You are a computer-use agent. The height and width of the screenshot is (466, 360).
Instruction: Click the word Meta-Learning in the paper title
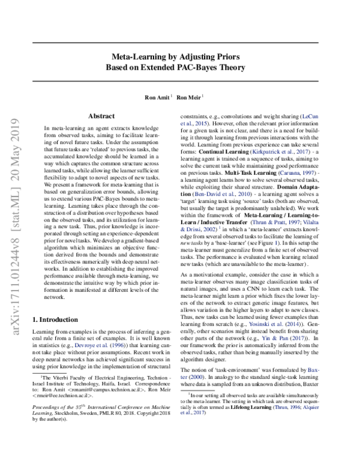135,57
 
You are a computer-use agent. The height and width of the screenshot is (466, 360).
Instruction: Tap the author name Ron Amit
157,96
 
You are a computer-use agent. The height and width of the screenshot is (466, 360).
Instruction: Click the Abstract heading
101,115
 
